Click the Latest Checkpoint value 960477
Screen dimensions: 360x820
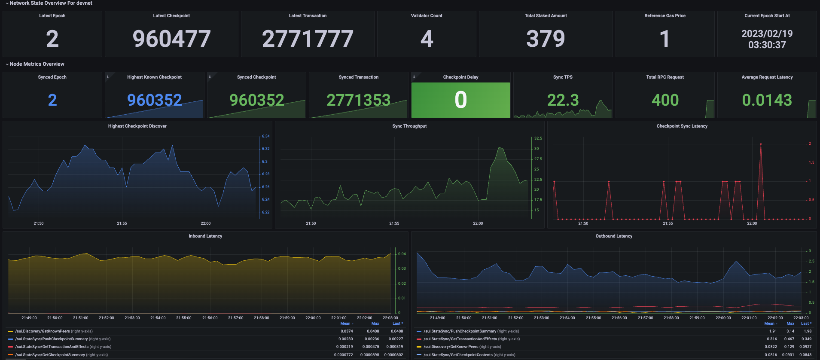pyautogui.click(x=171, y=39)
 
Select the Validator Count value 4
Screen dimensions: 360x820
pyautogui.click(x=427, y=39)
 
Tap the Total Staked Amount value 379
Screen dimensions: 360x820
pyautogui.click(x=546, y=39)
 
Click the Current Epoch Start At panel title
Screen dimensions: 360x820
pyautogui.click(x=767, y=16)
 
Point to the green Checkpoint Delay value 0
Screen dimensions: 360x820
pyautogui.click(x=460, y=100)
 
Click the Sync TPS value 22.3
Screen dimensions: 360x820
pyautogui.click(x=563, y=100)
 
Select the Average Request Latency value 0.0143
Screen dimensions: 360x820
pyautogui.click(x=767, y=100)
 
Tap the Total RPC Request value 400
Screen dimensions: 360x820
pyautogui.click(x=665, y=100)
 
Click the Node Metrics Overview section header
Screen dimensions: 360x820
pyautogui.click(x=37, y=64)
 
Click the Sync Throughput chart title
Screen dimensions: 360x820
pyautogui.click(x=409, y=126)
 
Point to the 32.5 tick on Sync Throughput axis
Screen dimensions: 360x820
pyautogui.click(x=538, y=138)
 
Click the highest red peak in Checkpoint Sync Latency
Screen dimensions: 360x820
pyautogui.click(x=761, y=144)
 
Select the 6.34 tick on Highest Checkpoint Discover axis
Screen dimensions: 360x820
pyautogui.click(x=266, y=136)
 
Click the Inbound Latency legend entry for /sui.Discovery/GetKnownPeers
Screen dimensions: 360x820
pyautogui.click(x=43, y=331)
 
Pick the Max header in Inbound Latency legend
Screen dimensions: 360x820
pyautogui.click(x=375, y=323)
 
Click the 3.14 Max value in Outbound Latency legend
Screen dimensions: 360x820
pyautogui.click(x=790, y=331)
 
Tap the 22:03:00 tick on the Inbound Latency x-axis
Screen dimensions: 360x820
pyautogui.click(x=390, y=318)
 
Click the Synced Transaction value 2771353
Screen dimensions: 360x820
pyautogui.click(x=358, y=100)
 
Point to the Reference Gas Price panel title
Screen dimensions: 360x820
pyautogui.click(x=665, y=16)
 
